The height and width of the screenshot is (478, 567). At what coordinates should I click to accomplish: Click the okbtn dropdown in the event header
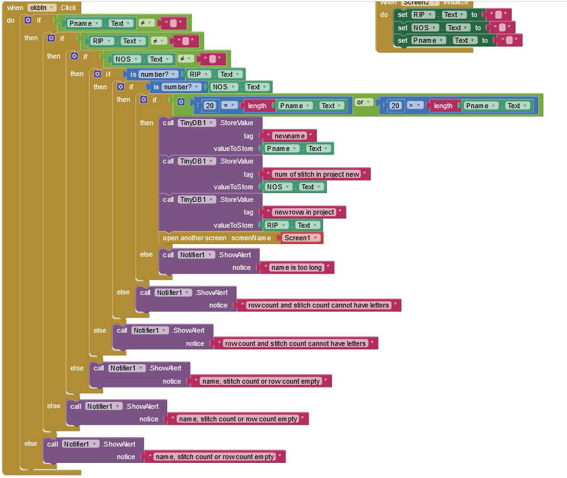(x=42, y=8)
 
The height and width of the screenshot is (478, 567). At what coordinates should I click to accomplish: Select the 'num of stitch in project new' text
(x=317, y=174)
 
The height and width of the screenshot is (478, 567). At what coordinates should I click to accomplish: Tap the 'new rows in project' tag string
(x=305, y=212)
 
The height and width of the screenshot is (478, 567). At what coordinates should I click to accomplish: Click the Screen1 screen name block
(x=300, y=238)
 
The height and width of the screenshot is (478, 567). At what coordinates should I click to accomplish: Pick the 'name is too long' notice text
(x=297, y=267)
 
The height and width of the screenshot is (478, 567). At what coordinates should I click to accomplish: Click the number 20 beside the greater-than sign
(x=395, y=106)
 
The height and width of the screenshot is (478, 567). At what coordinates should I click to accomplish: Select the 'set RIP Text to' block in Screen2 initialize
(x=403, y=14)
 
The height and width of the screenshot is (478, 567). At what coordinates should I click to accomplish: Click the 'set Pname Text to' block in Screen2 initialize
(x=403, y=40)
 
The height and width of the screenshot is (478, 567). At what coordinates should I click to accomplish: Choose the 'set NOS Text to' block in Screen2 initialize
(x=403, y=28)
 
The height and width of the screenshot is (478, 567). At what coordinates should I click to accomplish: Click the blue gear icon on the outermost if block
(x=28, y=20)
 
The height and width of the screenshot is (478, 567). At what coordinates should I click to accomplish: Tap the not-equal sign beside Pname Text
(x=143, y=23)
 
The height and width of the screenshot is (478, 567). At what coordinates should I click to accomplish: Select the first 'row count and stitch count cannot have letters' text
(x=318, y=305)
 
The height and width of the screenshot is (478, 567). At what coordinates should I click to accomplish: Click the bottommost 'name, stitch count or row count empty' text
(x=214, y=457)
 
